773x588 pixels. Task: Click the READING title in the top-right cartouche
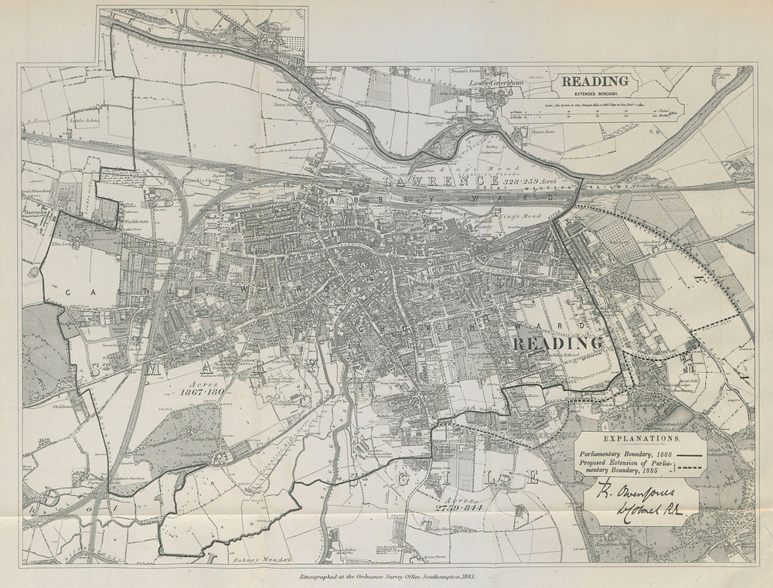tap(594, 80)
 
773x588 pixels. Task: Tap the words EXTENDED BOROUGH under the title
tap(594, 92)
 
